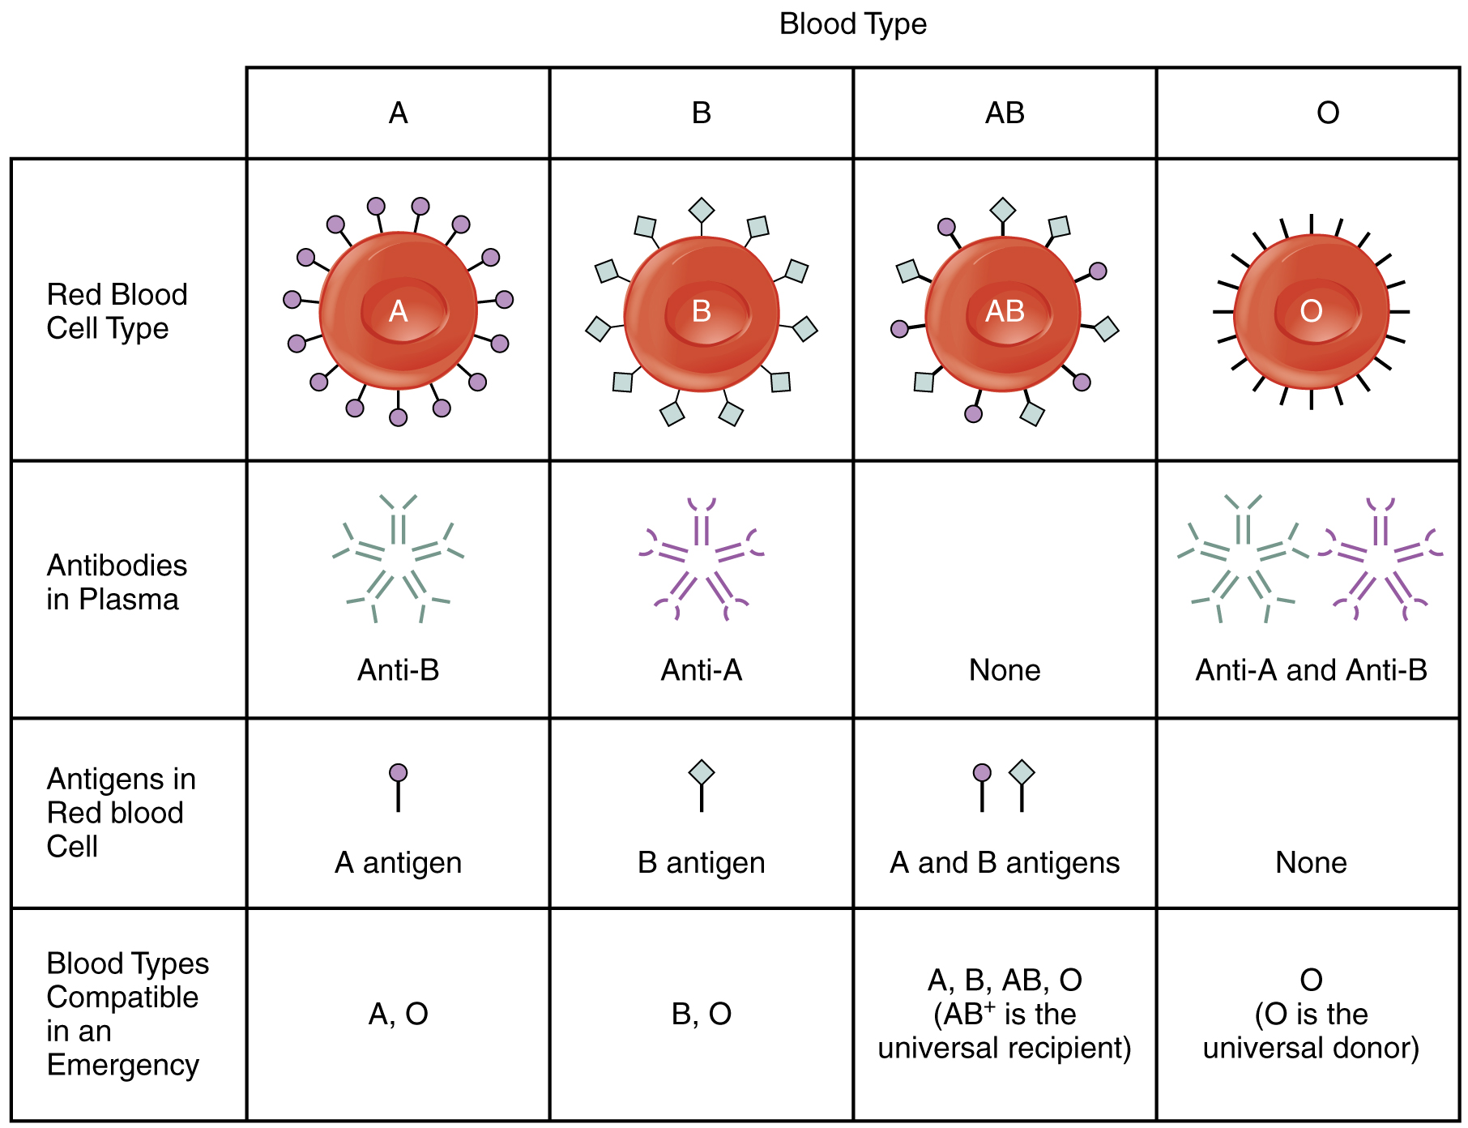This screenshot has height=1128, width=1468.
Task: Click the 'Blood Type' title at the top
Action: (x=852, y=24)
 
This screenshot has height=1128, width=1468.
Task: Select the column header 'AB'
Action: (x=1005, y=113)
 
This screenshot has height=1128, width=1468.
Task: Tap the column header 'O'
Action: (x=1327, y=113)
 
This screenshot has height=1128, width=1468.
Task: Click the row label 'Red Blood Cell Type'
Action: (x=117, y=311)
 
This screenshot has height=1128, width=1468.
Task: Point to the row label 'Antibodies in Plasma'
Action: (x=117, y=582)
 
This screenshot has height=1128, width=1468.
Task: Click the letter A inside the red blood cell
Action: (x=398, y=311)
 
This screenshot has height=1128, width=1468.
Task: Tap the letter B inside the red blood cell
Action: (x=702, y=311)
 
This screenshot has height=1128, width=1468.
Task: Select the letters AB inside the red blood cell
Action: (x=1005, y=311)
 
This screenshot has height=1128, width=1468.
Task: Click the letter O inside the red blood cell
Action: (x=1311, y=311)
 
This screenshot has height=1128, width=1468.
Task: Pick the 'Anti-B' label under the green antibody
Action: (x=398, y=670)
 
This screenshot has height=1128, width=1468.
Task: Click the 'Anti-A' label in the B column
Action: (x=702, y=670)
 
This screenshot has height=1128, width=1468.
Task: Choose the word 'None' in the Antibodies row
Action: (x=1005, y=670)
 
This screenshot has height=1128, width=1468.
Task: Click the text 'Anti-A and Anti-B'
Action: (x=1311, y=670)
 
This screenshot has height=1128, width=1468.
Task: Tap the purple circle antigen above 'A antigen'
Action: (x=398, y=773)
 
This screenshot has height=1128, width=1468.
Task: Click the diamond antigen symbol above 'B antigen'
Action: (x=702, y=772)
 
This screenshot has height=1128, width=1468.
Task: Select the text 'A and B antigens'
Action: (x=1005, y=863)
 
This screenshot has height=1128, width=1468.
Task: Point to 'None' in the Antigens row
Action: (x=1311, y=863)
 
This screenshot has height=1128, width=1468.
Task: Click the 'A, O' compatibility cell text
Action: (x=398, y=1014)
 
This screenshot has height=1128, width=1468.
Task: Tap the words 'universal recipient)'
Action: (x=1005, y=1048)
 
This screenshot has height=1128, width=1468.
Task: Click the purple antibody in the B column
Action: (x=702, y=559)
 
